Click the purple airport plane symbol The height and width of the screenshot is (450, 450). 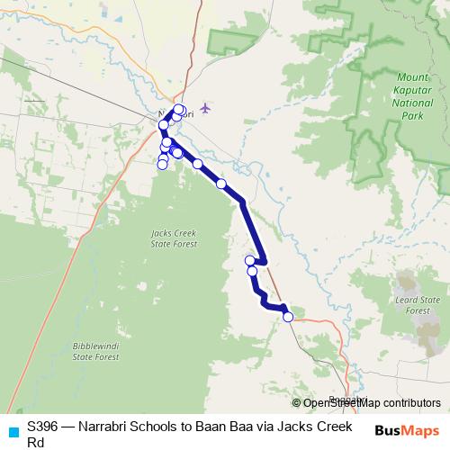pyautogui.click(x=206, y=109)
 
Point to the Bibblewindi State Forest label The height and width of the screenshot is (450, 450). pyautogui.click(x=95, y=351)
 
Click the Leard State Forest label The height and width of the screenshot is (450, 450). pyautogui.click(x=421, y=304)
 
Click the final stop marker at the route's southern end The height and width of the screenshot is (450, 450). pyautogui.click(x=288, y=317)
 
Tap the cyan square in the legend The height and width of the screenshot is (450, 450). pyautogui.click(x=13, y=431)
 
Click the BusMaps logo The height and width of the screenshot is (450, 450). pyautogui.click(x=407, y=431)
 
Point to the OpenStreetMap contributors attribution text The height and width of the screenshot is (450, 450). pyautogui.click(x=372, y=403)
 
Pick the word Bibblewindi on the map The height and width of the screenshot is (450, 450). pyautogui.click(x=95, y=346)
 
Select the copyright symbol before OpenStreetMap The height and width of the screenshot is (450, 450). pyautogui.click(x=297, y=403)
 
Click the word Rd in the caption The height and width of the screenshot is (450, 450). pyautogui.click(x=35, y=442)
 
